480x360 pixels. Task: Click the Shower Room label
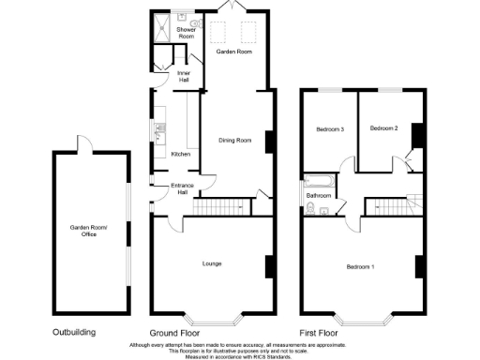coord(186,34)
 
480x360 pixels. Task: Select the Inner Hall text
coord(184,75)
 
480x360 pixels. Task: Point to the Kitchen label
coord(181,154)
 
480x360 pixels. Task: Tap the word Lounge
coord(212,263)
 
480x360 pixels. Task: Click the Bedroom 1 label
coord(360,267)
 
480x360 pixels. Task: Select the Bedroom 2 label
coord(384,128)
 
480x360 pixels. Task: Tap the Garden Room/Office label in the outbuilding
coord(89,231)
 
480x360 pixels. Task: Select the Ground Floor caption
coord(175,333)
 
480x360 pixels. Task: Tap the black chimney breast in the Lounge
coord(269,266)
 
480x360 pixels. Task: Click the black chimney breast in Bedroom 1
coord(419,266)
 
